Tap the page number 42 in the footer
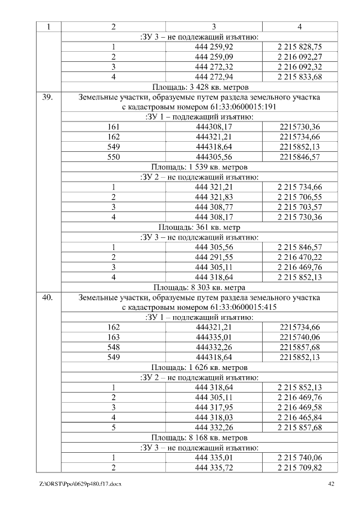coord(331,484)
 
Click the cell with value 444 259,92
coord(214,47)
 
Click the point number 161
coord(114,127)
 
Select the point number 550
coord(114,157)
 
